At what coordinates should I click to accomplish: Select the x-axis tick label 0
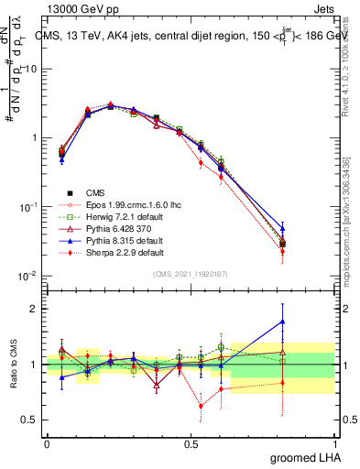point(47,443)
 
